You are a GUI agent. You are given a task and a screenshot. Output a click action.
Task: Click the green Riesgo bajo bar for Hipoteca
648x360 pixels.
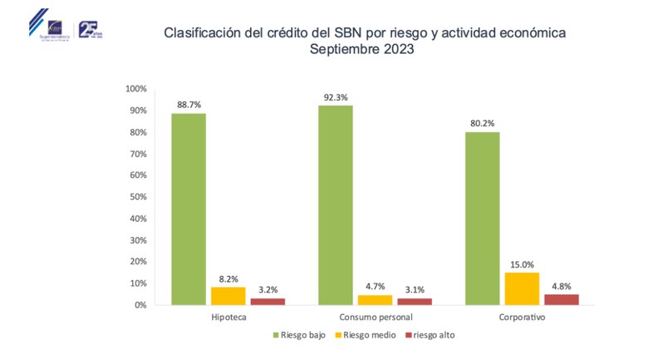(189, 209)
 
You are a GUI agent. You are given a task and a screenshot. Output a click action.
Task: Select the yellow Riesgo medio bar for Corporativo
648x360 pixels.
(523, 288)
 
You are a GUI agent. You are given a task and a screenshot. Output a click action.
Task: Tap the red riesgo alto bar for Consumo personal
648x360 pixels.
(414, 301)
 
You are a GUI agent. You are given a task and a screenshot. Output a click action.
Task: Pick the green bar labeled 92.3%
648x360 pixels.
(335, 205)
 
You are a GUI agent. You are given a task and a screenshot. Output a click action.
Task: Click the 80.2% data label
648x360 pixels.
(482, 123)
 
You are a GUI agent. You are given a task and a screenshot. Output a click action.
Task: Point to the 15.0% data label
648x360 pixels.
(523, 264)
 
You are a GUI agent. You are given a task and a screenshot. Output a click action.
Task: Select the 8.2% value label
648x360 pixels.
(228, 278)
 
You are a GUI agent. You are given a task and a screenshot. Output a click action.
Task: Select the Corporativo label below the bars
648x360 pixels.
(522, 318)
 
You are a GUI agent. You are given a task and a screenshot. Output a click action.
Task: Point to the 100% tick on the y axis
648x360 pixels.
(135, 89)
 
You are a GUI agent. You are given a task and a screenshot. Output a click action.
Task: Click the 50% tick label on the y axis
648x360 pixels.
(137, 197)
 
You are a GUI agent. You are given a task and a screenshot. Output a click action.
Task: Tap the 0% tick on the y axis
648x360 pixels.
(140, 305)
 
